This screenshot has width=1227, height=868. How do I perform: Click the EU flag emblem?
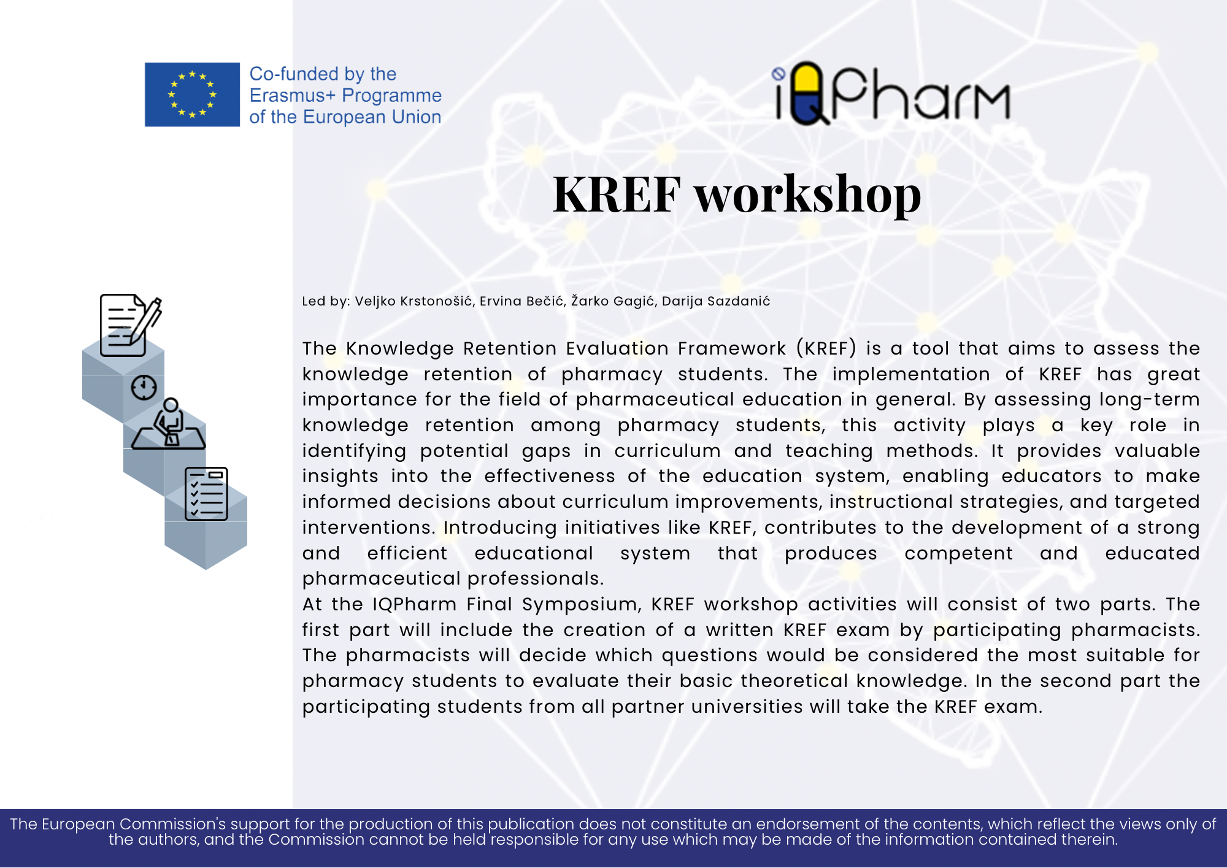pos(192,94)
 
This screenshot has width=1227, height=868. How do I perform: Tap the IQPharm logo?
pos(890,93)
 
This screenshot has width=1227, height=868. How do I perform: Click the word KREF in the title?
pos(617,194)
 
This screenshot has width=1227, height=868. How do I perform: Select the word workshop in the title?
pos(808,195)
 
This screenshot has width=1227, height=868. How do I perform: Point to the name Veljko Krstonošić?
pos(413,301)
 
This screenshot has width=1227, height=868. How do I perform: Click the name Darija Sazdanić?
pos(716,301)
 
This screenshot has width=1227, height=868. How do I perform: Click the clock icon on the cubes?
pos(144,388)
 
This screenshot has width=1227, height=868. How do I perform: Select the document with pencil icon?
pos(131,325)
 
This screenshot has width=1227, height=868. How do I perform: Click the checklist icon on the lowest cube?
pos(206,494)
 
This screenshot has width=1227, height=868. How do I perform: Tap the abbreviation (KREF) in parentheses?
pos(826,348)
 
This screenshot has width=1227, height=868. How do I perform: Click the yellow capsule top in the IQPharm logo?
pos(807,79)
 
